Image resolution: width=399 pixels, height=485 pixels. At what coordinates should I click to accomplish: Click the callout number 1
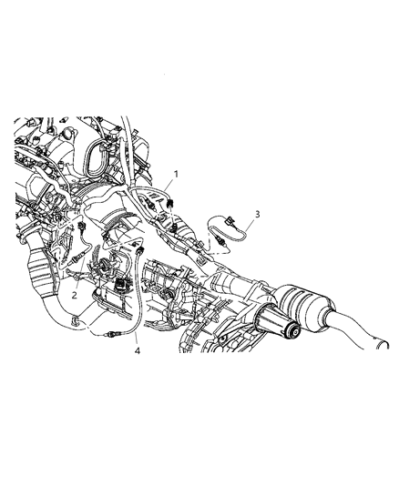pyautogui.click(x=176, y=174)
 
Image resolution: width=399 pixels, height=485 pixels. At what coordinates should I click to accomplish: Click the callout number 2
pyautogui.click(x=74, y=295)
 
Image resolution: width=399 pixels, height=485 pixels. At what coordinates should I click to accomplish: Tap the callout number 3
pyautogui.click(x=257, y=214)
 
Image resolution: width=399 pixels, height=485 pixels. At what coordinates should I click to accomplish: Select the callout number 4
pyautogui.click(x=138, y=350)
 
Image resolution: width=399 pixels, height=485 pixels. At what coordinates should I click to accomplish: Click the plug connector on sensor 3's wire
pyautogui.click(x=230, y=220)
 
